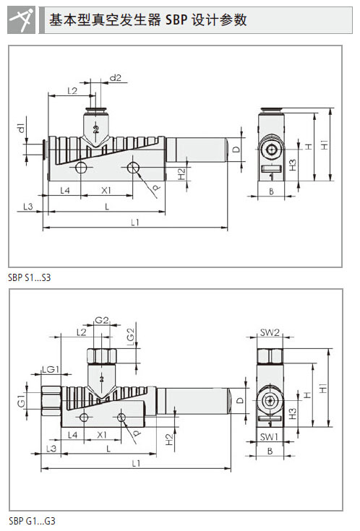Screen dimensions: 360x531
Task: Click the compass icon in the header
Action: [22, 20]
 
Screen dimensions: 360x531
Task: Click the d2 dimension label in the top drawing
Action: [116, 78]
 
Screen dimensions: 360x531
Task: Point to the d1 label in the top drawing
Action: [21, 128]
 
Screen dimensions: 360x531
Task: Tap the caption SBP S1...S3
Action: [30, 277]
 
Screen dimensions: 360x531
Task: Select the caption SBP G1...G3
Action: [32, 520]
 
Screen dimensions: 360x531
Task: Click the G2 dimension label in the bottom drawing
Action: [102, 319]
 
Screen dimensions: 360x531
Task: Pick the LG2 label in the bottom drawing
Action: [131, 337]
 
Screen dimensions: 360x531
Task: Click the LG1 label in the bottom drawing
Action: [51, 369]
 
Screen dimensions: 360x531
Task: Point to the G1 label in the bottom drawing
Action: [22, 402]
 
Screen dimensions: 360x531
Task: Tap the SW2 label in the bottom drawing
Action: [270, 332]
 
